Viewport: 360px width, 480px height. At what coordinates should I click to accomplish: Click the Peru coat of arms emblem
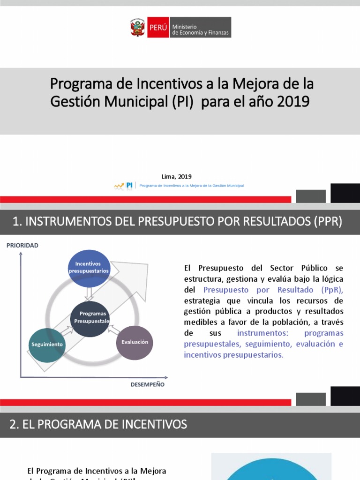(138, 28)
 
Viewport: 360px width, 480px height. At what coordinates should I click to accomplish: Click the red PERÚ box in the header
(158, 28)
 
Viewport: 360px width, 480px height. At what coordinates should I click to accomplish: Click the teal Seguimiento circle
(47, 345)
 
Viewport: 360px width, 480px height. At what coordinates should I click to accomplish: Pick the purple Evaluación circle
(135, 342)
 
